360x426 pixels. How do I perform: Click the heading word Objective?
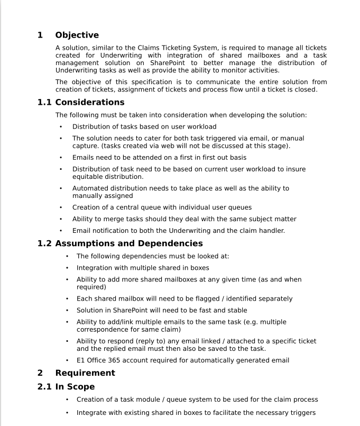tap(77, 35)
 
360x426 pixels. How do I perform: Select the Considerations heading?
tap(90, 102)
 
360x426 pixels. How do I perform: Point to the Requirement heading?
tap(85, 373)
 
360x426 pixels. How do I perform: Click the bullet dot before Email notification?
tap(61, 231)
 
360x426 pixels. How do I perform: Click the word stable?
tap(236, 310)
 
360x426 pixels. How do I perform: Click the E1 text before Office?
tap(81, 360)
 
